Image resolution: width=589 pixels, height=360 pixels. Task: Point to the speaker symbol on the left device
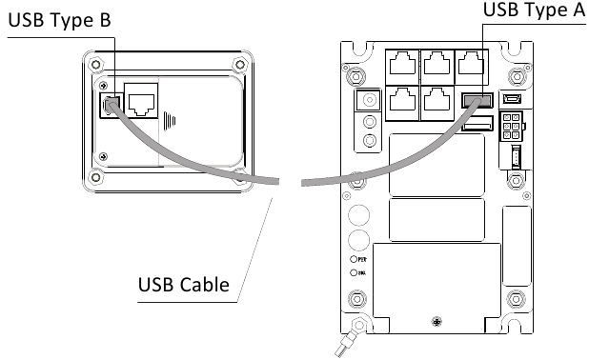[x=171, y=121]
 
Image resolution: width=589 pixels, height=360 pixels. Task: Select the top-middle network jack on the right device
[x=439, y=65]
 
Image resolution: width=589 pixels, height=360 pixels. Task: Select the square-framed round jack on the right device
[x=367, y=100]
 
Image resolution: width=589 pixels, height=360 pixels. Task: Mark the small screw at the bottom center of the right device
[x=436, y=320]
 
